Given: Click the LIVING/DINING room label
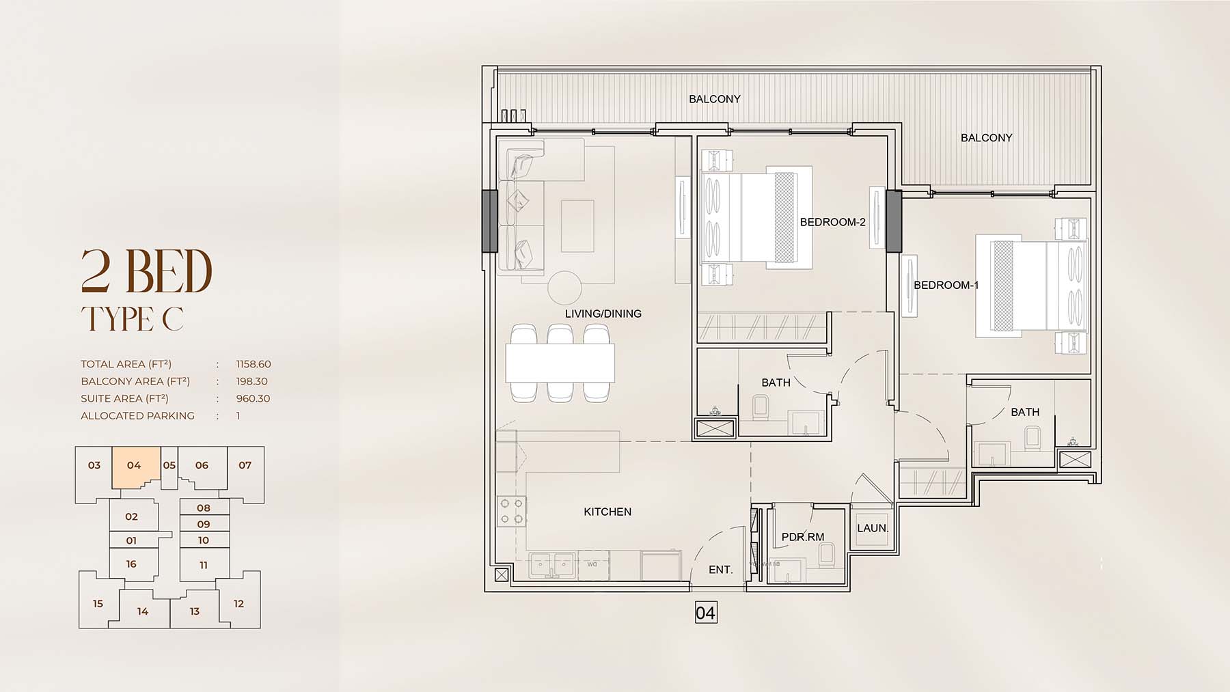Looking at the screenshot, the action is [x=603, y=314].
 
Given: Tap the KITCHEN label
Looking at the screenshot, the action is [x=607, y=512].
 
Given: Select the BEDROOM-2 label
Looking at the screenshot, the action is [x=833, y=222].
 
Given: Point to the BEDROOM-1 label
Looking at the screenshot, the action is [x=946, y=285].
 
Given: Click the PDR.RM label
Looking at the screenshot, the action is [x=803, y=537].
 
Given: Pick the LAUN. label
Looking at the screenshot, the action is [x=873, y=528].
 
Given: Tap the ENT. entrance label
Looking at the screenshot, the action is [x=721, y=569].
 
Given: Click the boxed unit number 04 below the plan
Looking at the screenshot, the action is [x=705, y=613].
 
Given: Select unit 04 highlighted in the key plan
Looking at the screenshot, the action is [x=134, y=465].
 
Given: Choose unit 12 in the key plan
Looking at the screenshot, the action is [x=238, y=603].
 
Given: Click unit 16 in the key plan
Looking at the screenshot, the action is [x=131, y=564].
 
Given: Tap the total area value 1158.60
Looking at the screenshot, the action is [x=254, y=364].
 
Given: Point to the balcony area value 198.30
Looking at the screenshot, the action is [x=252, y=381].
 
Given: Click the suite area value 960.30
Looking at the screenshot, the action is [x=253, y=398].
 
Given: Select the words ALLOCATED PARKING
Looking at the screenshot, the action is [x=137, y=415].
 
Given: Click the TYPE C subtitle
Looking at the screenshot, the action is [x=133, y=319].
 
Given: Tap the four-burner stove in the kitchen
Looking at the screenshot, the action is [x=511, y=512].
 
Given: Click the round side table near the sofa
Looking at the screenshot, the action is [x=565, y=288].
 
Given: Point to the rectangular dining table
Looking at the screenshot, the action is [x=560, y=363].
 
